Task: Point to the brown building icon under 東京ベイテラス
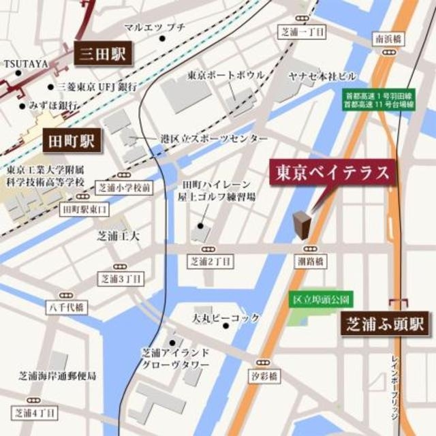point(302,225)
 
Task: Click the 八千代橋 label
point(66,307)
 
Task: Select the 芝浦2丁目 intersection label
point(211,261)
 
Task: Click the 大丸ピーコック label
point(225,318)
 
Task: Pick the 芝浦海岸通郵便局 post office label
point(57,376)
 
